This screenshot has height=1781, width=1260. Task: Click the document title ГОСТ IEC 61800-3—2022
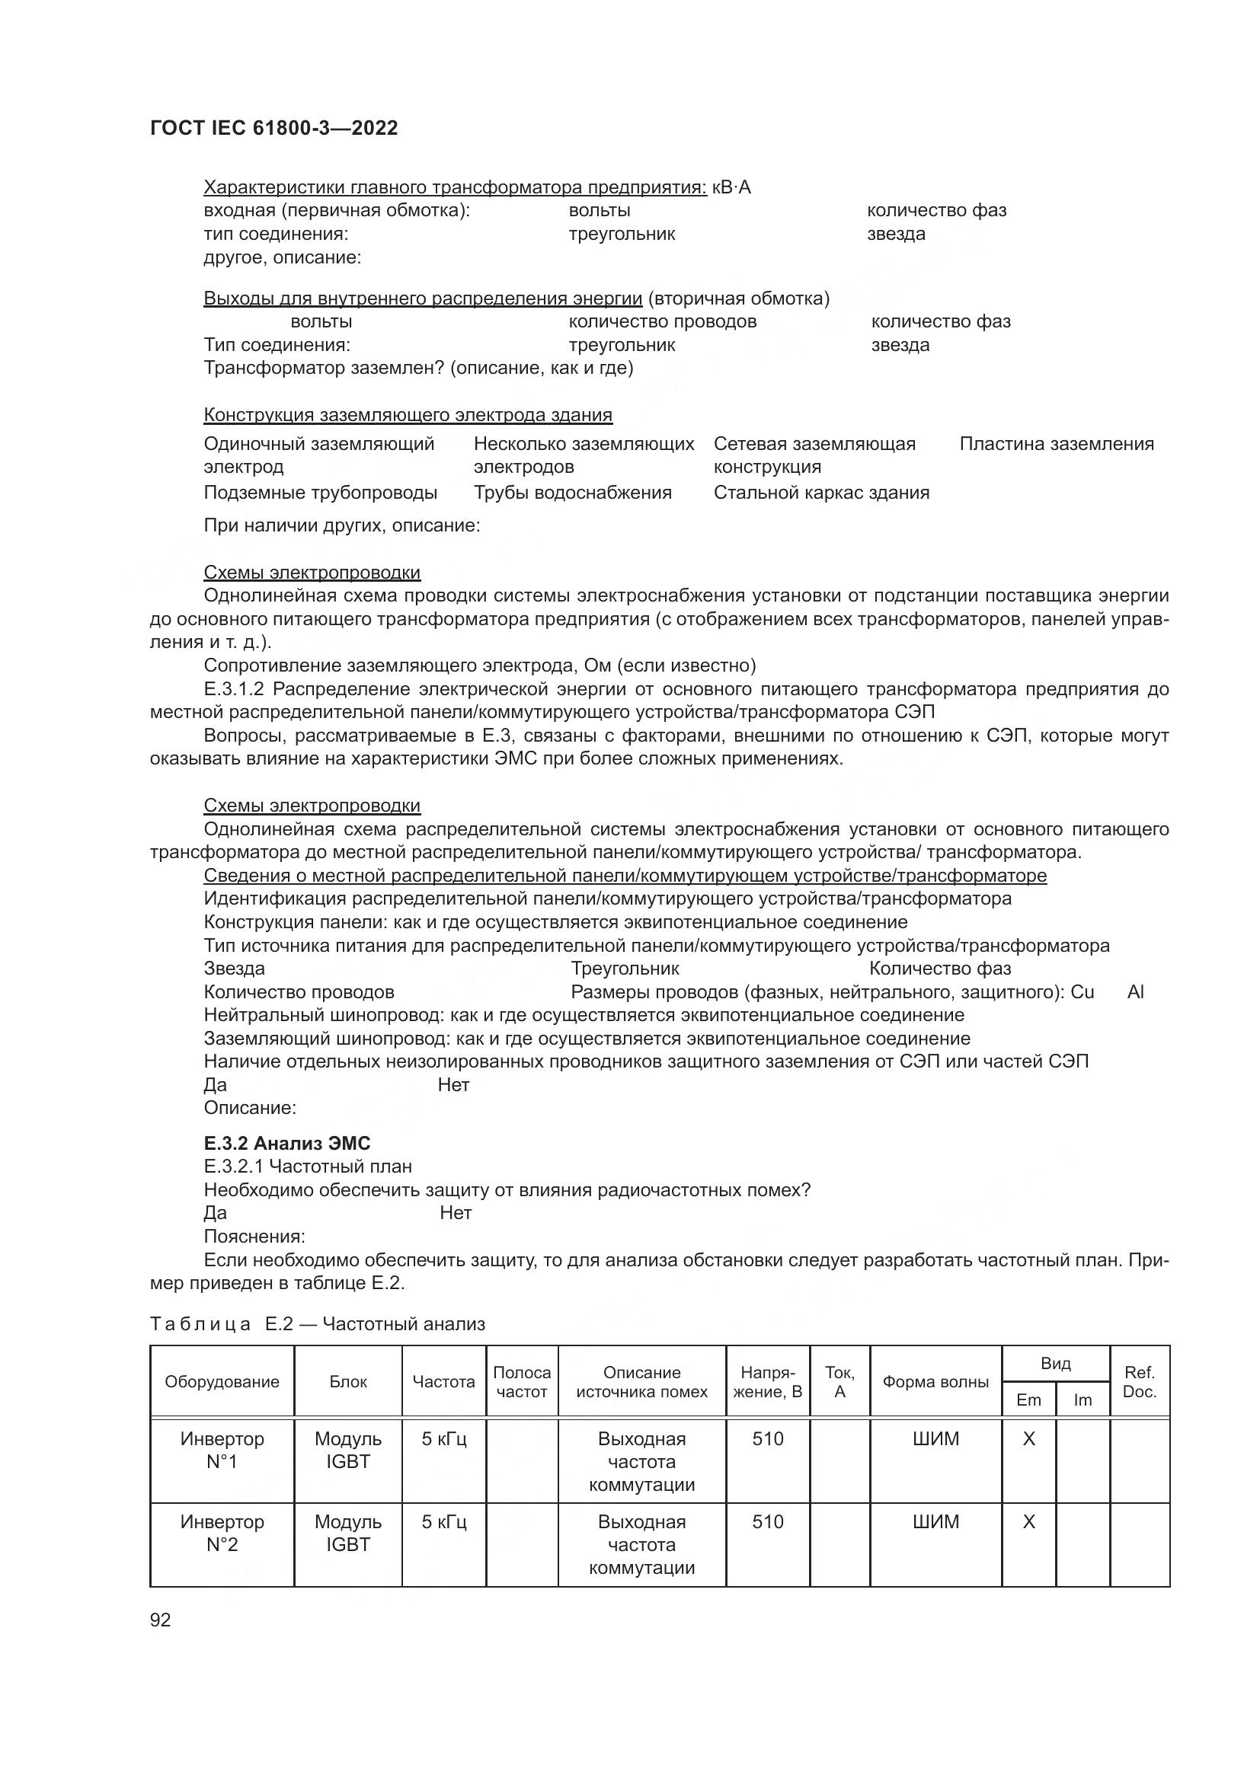pyautogui.click(x=273, y=128)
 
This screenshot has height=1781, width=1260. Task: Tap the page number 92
pyautogui.click(x=160, y=1620)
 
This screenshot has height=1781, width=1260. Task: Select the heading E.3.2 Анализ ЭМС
pyautogui.click(x=286, y=1144)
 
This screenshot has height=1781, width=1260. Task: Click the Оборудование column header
pyautogui.click(x=222, y=1381)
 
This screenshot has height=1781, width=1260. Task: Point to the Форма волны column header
pyautogui.click(x=935, y=1381)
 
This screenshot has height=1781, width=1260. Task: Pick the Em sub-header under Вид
pyautogui.click(x=1028, y=1400)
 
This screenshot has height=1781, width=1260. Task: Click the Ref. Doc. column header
pyautogui.click(x=1139, y=1381)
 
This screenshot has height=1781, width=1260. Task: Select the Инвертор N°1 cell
pyautogui.click(x=222, y=1450)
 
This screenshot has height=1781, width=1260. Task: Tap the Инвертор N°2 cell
pyautogui.click(x=222, y=1533)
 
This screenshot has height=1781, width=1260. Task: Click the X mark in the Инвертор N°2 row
pyautogui.click(x=1028, y=1522)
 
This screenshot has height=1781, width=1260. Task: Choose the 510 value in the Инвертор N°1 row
pyautogui.click(x=767, y=1439)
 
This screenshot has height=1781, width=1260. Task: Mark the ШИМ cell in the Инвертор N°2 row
pyautogui.click(x=935, y=1522)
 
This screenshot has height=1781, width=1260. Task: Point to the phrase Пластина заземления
pyautogui.click(x=1056, y=444)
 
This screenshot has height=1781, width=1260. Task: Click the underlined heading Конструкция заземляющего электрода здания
pyautogui.click(x=408, y=415)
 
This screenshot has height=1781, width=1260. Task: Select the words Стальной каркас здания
pyautogui.click(x=821, y=493)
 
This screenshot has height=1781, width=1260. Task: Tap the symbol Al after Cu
pyautogui.click(x=1135, y=992)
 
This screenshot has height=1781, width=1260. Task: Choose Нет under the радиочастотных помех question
pyautogui.click(x=456, y=1213)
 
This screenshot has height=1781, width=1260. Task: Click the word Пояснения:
pyautogui.click(x=254, y=1237)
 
